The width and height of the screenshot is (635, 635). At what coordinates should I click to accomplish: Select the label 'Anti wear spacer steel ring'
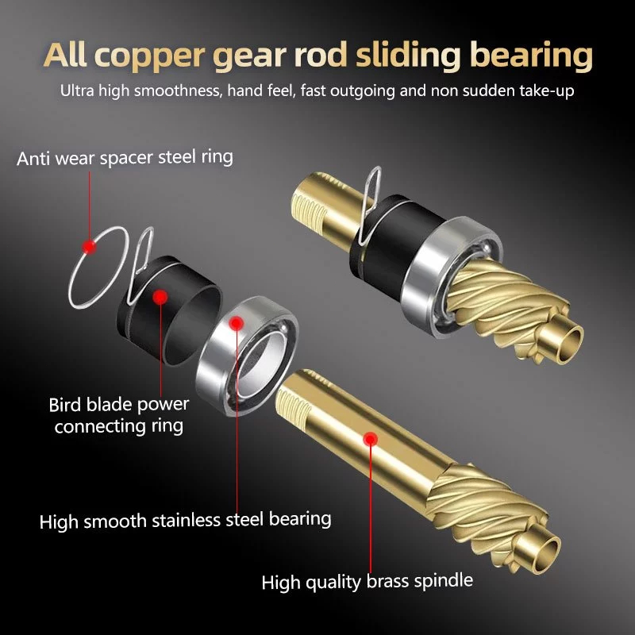(x=125, y=156)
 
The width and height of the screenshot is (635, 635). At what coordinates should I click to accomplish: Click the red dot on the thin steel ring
(x=90, y=247)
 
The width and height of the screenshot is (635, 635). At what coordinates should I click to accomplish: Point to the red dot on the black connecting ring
(x=160, y=297)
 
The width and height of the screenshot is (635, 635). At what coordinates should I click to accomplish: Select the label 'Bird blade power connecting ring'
(x=119, y=415)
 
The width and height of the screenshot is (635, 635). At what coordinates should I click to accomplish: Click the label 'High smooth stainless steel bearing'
(x=185, y=520)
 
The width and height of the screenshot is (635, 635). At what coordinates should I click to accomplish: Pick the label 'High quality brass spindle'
(x=368, y=582)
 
